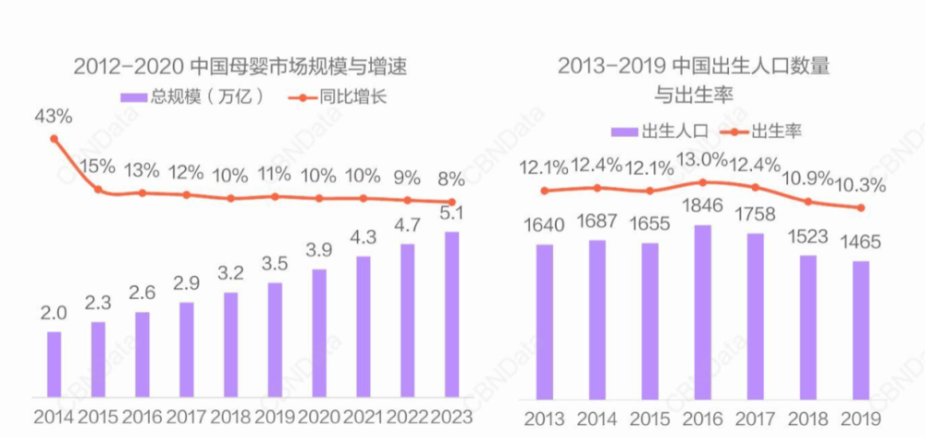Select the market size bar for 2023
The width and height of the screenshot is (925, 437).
click(450, 314)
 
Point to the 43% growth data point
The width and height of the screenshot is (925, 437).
click(54, 139)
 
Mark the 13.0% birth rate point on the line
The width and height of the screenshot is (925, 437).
click(703, 182)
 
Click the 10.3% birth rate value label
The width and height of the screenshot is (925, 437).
click(860, 184)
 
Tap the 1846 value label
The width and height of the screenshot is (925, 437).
click(703, 207)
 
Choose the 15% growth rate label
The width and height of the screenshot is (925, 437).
click(97, 168)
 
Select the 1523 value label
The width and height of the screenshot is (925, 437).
click(808, 237)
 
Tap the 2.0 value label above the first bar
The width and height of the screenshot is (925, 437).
click(54, 314)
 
